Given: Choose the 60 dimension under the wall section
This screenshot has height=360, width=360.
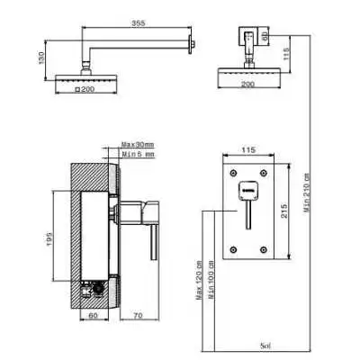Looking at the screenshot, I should (92, 317).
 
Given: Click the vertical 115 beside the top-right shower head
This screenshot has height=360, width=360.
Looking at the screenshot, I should (286, 53).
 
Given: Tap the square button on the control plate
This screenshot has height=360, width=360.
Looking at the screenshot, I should (250, 190).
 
